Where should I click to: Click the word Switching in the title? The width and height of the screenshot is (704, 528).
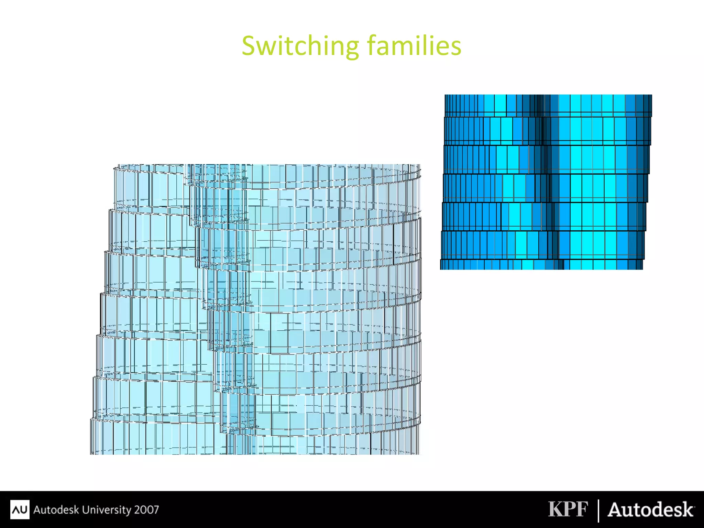300,46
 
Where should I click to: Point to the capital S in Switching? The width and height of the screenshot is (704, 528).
250,46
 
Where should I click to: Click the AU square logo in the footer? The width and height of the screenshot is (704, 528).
20,509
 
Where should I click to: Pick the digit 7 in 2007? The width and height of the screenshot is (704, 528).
156,509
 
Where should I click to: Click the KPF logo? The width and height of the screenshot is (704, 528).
568,509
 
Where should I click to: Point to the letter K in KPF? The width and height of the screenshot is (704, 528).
555,509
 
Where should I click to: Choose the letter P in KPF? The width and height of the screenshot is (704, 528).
569,509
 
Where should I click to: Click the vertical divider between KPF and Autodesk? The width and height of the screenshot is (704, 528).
598,510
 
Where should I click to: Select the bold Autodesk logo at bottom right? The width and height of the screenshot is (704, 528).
651,510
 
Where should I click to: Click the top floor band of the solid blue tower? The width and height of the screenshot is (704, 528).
548,104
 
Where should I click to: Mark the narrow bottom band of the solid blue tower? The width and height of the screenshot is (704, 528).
541,265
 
